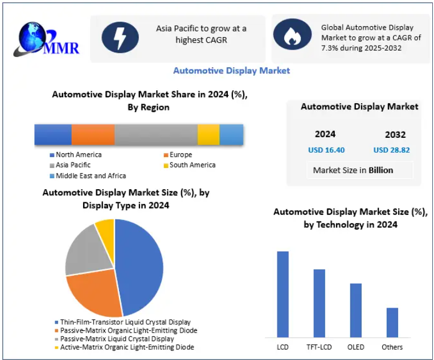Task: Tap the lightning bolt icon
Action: point(120,38)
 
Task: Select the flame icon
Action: point(292,35)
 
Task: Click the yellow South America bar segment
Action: point(208,134)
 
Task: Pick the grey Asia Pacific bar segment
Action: point(156,134)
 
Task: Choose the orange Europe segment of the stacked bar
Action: point(93,134)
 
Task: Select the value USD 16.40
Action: point(326,150)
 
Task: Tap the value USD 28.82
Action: point(391,150)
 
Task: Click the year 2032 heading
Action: point(395,135)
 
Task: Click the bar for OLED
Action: point(356,310)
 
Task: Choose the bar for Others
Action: point(392,322)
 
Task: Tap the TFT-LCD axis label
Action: point(319,347)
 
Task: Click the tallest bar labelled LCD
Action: point(283,294)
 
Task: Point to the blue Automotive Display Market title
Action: point(231,71)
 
